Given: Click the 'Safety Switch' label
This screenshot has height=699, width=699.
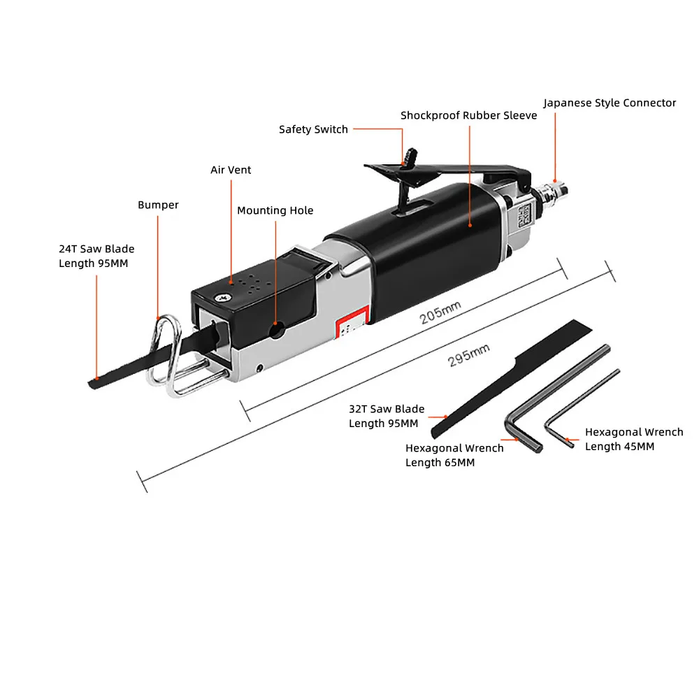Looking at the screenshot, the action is [x=313, y=129].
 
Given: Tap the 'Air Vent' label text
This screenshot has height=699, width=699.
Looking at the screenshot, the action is [x=231, y=170].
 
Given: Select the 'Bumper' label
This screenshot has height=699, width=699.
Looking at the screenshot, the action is [x=158, y=205].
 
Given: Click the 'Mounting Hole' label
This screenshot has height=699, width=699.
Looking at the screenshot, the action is [x=275, y=210].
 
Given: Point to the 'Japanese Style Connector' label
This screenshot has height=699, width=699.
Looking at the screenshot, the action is [x=610, y=103].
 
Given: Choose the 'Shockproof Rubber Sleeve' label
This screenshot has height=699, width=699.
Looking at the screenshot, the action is [x=468, y=115].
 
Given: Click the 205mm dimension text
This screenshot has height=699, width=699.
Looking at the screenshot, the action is [x=440, y=312].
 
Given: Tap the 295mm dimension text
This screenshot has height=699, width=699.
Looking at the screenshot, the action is [x=468, y=355].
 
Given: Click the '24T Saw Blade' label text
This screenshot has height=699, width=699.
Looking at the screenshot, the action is [x=96, y=249].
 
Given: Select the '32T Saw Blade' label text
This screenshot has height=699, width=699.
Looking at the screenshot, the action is [x=387, y=409].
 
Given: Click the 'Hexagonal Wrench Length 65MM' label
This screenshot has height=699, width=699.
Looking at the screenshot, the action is [x=454, y=455].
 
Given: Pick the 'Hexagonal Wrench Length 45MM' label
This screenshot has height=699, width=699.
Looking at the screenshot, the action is [x=634, y=439].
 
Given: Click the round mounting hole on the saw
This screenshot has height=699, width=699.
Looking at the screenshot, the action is [x=277, y=331].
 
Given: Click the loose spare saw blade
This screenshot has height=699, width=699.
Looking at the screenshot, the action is [x=512, y=379].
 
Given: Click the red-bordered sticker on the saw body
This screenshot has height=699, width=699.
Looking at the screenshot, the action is [x=352, y=323].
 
